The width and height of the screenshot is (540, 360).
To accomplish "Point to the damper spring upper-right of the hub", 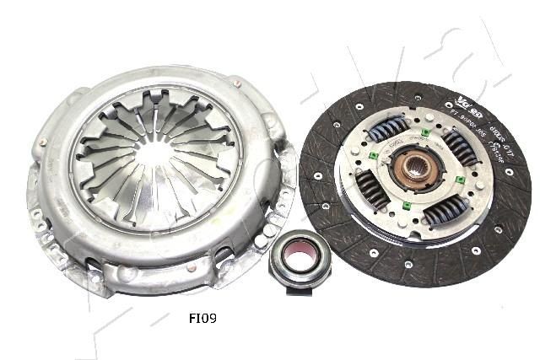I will [x=460, y=148].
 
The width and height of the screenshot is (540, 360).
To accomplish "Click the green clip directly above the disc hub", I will [x=425, y=132].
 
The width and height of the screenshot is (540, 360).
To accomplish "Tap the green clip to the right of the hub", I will [x=461, y=180].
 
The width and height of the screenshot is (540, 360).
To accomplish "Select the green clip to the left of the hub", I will [x=372, y=157].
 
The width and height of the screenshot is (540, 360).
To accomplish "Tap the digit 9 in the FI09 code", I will [x=217, y=319].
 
